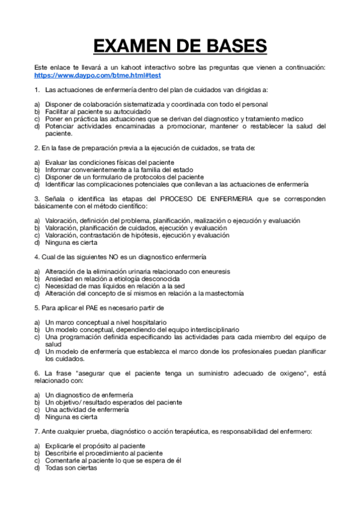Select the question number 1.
pyautogui.click(x=37, y=90)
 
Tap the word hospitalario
pyautogui.click(x=145, y=322)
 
